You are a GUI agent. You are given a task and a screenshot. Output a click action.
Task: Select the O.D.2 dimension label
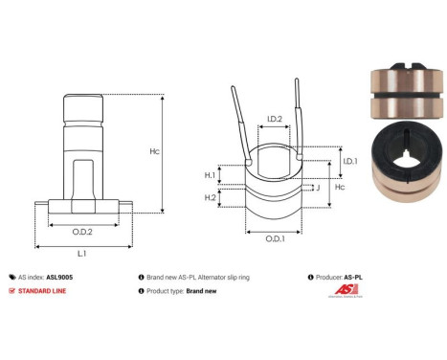(x=82, y=232)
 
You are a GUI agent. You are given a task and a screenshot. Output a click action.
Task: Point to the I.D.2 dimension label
(x=274, y=120)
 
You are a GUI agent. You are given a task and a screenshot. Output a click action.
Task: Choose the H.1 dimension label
(x=210, y=175)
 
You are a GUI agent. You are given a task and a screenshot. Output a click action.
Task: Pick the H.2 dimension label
(x=210, y=197)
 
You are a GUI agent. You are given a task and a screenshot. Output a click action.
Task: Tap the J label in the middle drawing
(x=317, y=188)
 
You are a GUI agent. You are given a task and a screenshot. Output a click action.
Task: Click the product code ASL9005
(x=59, y=276)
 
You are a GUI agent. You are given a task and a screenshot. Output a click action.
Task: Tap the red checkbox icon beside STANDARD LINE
(x=11, y=290)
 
